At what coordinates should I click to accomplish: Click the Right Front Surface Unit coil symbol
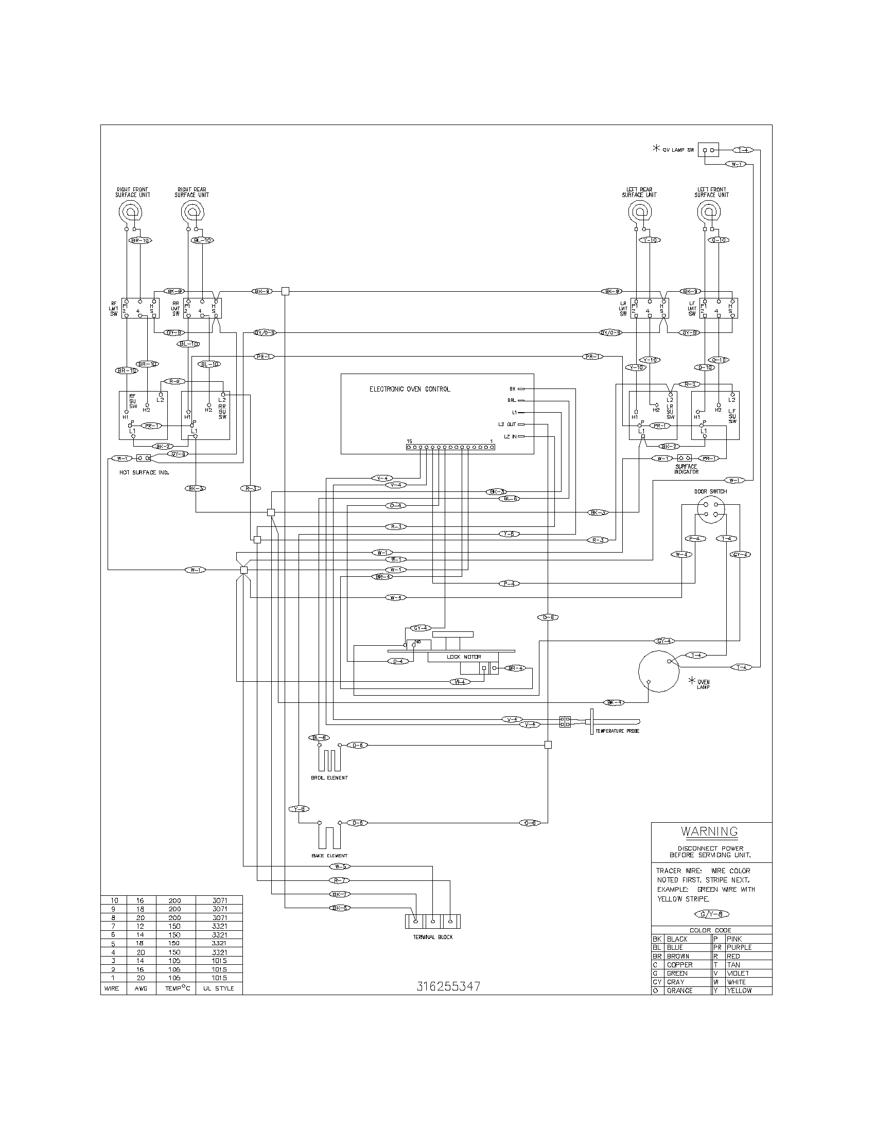(x=130, y=211)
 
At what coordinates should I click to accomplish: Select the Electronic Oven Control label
(x=410, y=388)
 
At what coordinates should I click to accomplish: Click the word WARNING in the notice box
(x=709, y=832)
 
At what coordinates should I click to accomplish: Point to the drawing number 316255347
(x=448, y=986)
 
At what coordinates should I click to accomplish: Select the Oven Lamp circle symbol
(x=658, y=671)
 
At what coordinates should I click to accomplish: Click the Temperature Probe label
(x=617, y=731)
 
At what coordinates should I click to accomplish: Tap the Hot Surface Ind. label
(x=145, y=472)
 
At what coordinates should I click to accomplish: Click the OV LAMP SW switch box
(x=708, y=150)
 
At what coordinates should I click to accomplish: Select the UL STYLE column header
(x=218, y=988)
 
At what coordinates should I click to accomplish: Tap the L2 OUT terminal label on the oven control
(x=507, y=424)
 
